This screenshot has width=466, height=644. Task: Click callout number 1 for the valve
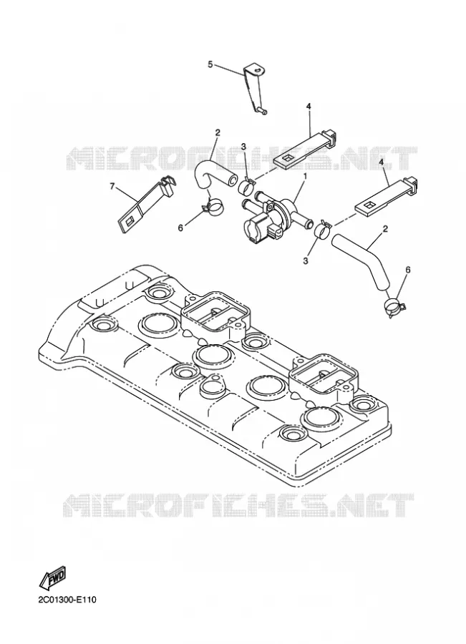[306, 176]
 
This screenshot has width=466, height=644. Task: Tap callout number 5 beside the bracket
[210, 64]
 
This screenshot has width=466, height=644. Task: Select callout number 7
[112, 187]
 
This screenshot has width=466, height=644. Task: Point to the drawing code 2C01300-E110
[67, 600]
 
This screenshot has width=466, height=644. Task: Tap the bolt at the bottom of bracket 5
[262, 110]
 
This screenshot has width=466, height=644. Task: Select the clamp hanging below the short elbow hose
[213, 205]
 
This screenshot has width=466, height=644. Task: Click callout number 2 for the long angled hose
[384, 228]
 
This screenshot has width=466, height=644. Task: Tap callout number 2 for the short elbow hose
[218, 132]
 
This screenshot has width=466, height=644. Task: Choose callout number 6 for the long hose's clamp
[407, 270]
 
